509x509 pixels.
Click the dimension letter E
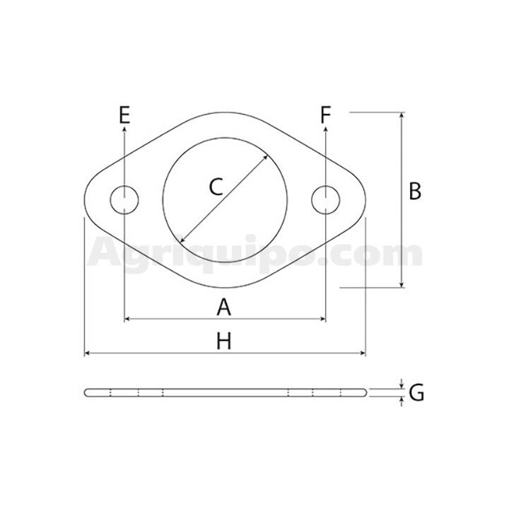(124, 115)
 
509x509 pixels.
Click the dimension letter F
(326, 115)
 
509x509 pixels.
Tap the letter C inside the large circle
(216, 187)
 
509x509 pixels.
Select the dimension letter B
(415, 191)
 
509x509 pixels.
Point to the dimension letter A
(223, 308)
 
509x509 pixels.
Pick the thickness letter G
(416, 393)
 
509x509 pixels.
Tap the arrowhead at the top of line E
(124, 129)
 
